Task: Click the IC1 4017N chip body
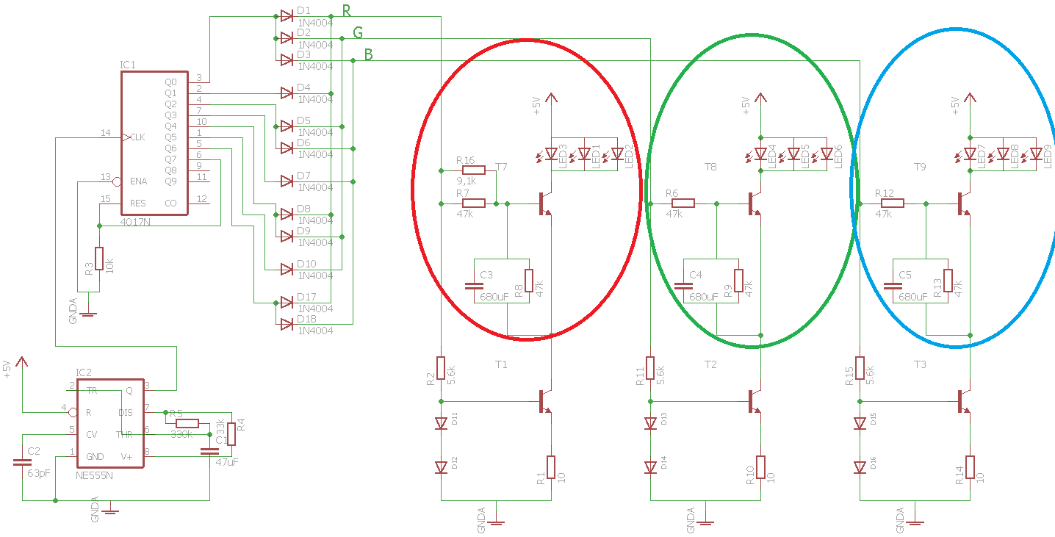point(154,147)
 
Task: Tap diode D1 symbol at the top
point(286,16)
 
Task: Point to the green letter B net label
point(368,55)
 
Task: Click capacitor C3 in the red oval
point(473,285)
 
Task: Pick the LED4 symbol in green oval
point(761,155)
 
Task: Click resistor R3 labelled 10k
point(99,259)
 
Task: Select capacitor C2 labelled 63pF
point(23,462)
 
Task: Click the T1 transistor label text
point(501,364)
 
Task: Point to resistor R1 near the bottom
point(551,467)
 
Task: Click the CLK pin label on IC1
point(137,137)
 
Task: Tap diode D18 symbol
point(286,325)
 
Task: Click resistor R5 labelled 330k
point(187,422)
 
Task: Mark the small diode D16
point(860,467)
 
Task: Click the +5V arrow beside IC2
point(23,362)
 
